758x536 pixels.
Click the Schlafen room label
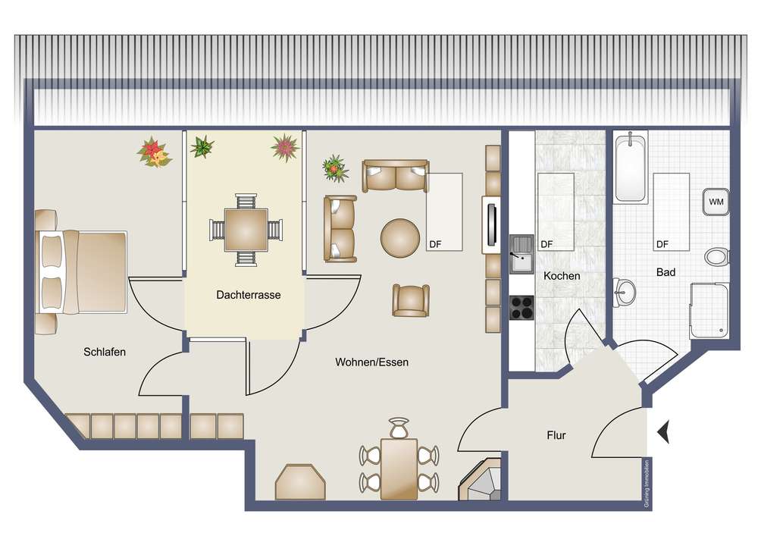coord(105,352)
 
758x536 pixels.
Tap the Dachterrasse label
coord(249,295)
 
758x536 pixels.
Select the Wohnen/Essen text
coord(371,362)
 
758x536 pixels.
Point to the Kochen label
coord(562,276)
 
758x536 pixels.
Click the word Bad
coord(666,273)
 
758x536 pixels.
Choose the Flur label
coord(556,435)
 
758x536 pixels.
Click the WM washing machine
coord(716,202)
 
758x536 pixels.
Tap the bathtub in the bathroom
coord(631,168)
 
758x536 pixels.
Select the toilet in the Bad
coord(716,257)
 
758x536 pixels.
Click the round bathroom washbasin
coord(624,292)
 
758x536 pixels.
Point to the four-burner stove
coord(522,307)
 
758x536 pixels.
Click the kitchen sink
coord(522,254)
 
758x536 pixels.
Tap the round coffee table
coord(399,238)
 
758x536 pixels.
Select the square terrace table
coord(246,230)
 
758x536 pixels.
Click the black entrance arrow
coord(664,431)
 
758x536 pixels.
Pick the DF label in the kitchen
coord(547,245)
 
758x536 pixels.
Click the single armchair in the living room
coord(411,301)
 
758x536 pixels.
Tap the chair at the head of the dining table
coord(399,428)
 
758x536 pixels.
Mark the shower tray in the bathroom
coord(709,310)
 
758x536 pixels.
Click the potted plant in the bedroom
coord(154,152)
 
